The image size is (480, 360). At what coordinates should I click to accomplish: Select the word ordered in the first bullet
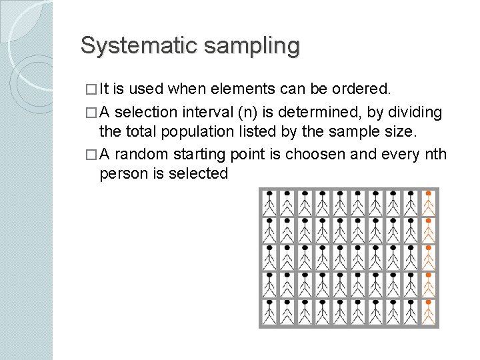[365, 89]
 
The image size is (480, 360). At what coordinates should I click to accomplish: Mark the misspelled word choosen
[313, 155]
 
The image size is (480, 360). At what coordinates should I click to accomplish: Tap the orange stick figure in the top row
[428, 202]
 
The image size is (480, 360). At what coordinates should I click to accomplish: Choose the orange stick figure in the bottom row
[428, 311]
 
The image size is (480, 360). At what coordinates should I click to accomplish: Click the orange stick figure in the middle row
[428, 257]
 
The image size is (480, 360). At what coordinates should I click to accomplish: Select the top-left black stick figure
[269, 202]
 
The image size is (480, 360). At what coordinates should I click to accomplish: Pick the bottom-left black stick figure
[269, 311]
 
